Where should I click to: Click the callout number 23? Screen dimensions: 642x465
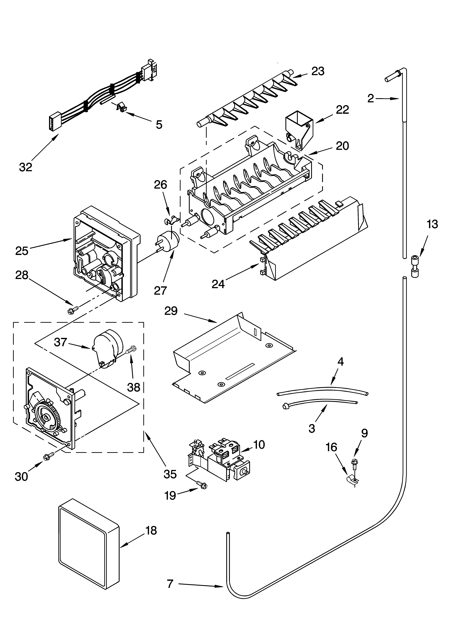pyautogui.click(x=318, y=71)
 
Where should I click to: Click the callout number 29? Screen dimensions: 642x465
pyautogui.click(x=171, y=311)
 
